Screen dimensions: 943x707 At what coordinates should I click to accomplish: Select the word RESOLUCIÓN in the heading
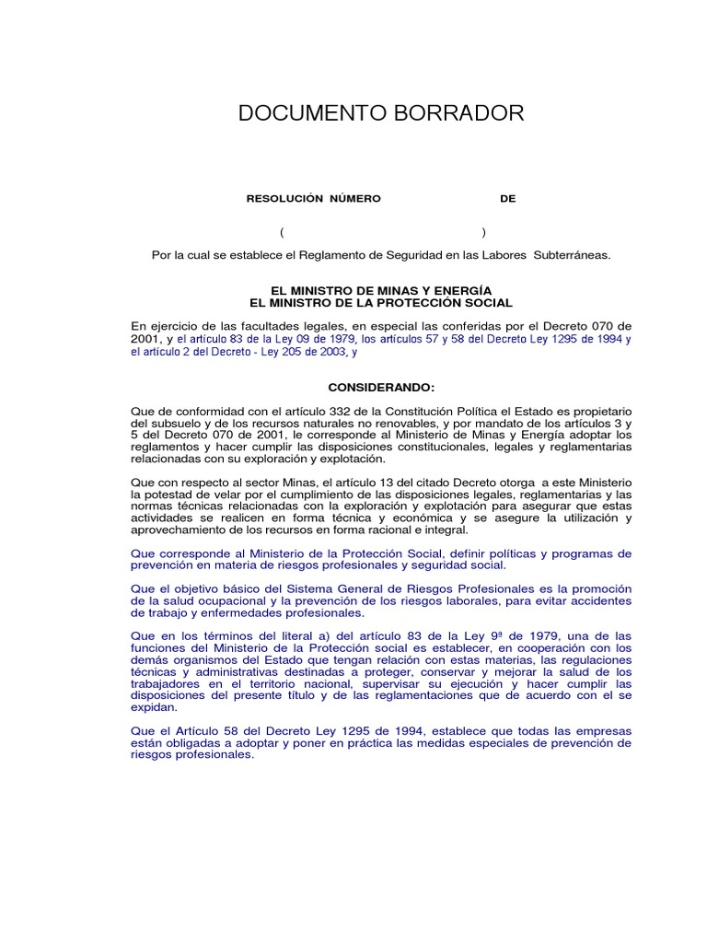click(x=284, y=199)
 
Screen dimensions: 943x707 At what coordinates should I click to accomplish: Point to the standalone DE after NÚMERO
click(x=508, y=199)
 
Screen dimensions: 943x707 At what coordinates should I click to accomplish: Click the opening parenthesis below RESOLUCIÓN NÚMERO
click(x=283, y=231)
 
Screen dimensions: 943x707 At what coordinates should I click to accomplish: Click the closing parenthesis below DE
click(x=483, y=231)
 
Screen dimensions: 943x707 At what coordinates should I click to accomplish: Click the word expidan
click(x=153, y=708)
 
